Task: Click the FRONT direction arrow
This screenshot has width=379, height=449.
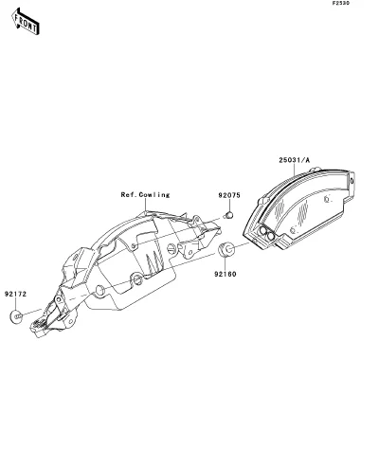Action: pos(26,22)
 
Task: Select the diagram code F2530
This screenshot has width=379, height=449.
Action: pos(341,4)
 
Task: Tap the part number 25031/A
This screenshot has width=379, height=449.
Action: pos(295,160)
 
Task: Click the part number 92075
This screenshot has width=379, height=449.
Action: pos(229,195)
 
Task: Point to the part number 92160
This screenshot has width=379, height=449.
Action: pos(226,274)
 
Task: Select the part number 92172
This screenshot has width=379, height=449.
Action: pos(15,294)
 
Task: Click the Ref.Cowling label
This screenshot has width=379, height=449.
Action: pos(145,195)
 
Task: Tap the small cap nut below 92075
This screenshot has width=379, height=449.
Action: pos(228,215)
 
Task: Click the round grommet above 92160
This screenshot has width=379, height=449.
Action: pos(226,249)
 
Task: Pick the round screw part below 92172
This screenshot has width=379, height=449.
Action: pos(16,316)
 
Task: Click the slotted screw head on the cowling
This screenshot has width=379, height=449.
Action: pos(171,248)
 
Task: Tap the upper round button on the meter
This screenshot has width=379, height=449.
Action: pos(262,231)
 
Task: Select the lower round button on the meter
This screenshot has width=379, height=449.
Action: pos(270,236)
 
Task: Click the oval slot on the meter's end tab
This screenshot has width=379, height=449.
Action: pos(352,181)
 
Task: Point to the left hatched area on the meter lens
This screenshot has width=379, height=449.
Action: pos(280,209)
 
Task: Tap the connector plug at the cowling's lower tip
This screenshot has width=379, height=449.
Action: pos(39,326)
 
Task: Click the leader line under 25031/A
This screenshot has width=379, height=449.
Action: pos(295,170)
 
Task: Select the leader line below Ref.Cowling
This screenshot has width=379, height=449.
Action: pos(145,205)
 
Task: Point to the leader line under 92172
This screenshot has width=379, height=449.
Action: pos(15,304)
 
